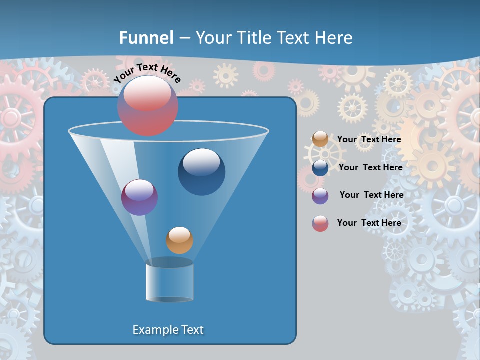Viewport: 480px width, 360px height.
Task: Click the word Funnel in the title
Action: pyautogui.click(x=146, y=38)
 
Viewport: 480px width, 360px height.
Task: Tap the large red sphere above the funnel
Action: pyautogui.click(x=148, y=106)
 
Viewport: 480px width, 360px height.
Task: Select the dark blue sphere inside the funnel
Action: pyautogui.click(x=201, y=172)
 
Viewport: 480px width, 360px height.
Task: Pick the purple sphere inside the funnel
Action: pyautogui.click(x=139, y=197)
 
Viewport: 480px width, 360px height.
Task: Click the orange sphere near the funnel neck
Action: pyautogui.click(x=179, y=240)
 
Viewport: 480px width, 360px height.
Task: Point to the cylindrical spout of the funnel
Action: pyautogui.click(x=169, y=282)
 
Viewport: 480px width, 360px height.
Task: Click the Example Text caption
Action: pyautogui.click(x=168, y=330)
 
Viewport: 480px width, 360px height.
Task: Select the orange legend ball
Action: pyautogui.click(x=320, y=139)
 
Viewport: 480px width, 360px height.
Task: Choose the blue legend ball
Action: pyautogui.click(x=320, y=168)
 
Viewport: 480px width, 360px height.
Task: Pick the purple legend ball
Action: pyautogui.click(x=320, y=196)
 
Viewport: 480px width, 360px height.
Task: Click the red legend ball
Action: pyautogui.click(x=320, y=223)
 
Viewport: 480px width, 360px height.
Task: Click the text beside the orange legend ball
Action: pyautogui.click(x=369, y=140)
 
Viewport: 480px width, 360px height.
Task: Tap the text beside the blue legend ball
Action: pyautogui.click(x=370, y=168)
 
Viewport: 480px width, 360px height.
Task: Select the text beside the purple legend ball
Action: pyautogui.click(x=372, y=195)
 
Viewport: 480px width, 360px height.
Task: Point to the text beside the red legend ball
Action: pyautogui.click(x=369, y=223)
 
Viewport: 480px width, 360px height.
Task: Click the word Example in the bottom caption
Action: pyautogui.click(x=155, y=330)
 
